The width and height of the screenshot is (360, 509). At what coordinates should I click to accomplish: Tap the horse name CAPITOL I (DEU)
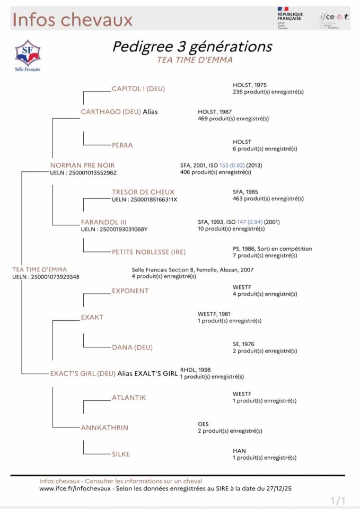pos(138,89)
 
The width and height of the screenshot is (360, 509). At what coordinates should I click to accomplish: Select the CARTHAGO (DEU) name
pos(110,112)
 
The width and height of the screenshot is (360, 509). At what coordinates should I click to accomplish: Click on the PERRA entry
pos(122,145)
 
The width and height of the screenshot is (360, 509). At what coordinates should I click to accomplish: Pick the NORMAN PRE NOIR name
pos(82,165)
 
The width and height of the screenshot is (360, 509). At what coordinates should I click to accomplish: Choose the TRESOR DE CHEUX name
pos(143,192)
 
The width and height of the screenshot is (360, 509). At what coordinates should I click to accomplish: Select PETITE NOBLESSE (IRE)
pos(148,252)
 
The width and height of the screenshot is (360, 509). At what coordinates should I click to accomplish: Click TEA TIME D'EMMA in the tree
pos(40,269)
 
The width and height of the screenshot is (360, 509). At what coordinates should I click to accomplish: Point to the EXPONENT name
pos(130,291)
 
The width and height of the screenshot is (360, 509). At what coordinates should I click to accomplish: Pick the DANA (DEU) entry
pos(132,347)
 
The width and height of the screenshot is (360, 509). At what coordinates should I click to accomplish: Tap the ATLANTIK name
pos(128,397)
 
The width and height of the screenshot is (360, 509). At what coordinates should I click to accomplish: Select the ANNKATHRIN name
pos(104,427)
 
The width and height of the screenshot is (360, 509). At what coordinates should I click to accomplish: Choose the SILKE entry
pos(120,454)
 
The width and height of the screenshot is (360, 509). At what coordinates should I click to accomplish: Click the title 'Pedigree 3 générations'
pos(192,47)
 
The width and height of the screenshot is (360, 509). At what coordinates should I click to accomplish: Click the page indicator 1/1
pos(338,501)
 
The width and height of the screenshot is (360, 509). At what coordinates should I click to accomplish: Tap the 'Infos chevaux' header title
pos(72,20)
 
